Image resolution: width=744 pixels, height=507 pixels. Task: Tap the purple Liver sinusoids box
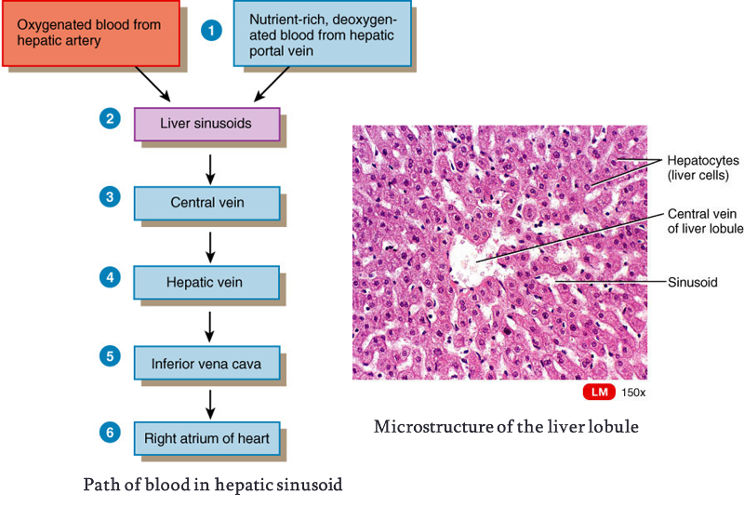206,123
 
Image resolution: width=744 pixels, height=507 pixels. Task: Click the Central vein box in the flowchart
206,202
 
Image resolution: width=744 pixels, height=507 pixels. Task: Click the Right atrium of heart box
206,438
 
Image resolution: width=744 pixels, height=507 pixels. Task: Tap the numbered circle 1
213,30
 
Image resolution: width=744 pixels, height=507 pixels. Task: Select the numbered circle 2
111,119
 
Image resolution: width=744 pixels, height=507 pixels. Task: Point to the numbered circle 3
111,198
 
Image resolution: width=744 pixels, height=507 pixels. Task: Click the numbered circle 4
111,277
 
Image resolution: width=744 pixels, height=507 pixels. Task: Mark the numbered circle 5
111,355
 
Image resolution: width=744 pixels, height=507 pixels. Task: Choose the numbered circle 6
111,434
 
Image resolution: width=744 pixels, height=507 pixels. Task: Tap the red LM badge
600,393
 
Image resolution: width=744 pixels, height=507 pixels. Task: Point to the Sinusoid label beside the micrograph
693,282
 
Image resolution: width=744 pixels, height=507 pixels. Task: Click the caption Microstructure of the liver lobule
506,427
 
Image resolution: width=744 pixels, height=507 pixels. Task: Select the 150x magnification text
634,393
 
